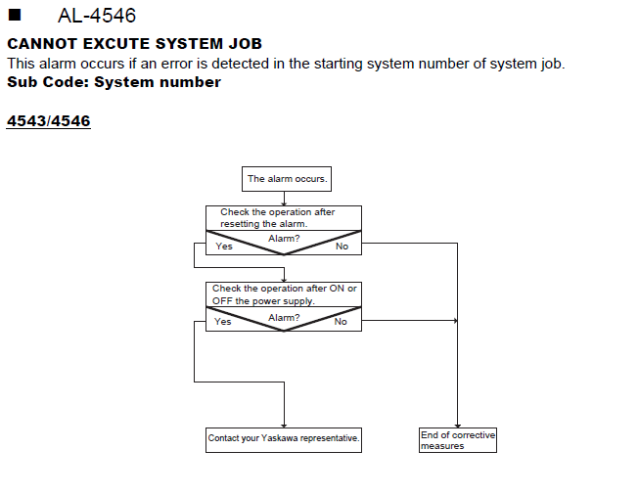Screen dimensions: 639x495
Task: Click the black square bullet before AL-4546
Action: [15, 15]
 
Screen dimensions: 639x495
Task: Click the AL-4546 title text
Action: [97, 16]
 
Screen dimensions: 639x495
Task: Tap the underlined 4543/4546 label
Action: [49, 121]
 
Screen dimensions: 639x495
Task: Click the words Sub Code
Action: [48, 82]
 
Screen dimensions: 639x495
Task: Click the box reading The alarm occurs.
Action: [287, 179]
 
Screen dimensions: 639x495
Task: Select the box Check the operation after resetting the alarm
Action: [284, 218]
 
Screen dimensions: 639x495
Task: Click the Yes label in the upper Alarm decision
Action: [224, 247]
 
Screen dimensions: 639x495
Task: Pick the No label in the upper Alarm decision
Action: [342, 247]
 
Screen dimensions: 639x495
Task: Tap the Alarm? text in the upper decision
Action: [284, 239]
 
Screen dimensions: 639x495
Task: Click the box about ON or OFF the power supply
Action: [284, 294]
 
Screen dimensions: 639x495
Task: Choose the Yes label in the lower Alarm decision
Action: [223, 322]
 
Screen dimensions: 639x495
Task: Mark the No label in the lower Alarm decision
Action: [341, 322]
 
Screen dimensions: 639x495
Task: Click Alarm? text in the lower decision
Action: [284, 318]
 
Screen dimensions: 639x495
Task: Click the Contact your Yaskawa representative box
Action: [284, 440]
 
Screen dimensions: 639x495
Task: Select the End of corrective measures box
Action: [458, 440]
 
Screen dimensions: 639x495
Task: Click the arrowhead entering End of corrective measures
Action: [458, 426]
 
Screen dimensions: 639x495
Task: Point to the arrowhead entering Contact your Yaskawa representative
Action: [284, 426]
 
